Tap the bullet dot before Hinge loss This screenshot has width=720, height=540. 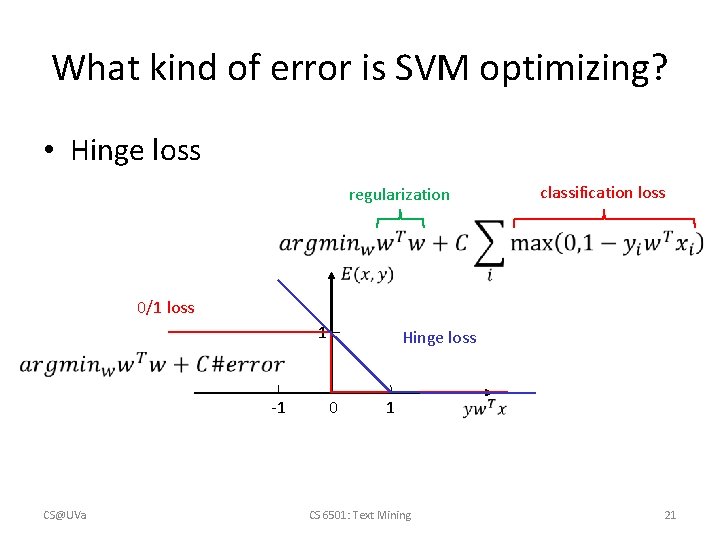(x=47, y=152)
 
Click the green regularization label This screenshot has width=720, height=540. (x=399, y=195)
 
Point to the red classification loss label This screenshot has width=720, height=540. (x=602, y=193)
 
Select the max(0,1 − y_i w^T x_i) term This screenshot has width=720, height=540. (x=606, y=243)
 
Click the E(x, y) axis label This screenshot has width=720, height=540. (x=366, y=274)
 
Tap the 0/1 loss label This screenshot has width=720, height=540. (x=166, y=307)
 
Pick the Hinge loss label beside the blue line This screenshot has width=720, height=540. (x=439, y=338)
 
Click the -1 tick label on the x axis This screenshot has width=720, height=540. (x=278, y=408)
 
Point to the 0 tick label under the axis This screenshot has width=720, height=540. (x=333, y=408)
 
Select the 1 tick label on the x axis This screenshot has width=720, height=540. (x=390, y=408)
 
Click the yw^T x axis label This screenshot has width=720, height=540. (x=485, y=408)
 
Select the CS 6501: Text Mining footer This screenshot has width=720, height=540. (x=360, y=515)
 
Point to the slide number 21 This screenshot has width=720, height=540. (x=670, y=515)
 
